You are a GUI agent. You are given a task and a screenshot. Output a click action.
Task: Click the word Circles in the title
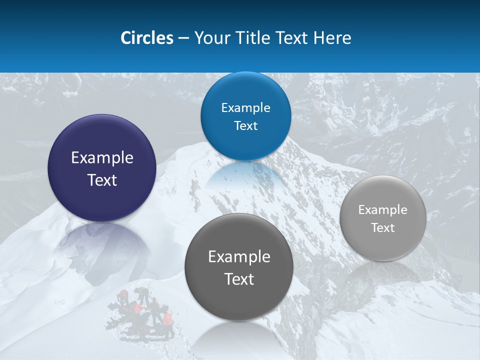pyautogui.click(x=146, y=38)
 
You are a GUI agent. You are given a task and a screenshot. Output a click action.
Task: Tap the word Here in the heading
pyautogui.click(x=332, y=38)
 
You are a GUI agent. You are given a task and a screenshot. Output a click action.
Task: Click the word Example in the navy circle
pyautogui.click(x=102, y=158)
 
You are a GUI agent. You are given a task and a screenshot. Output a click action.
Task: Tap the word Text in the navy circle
pyautogui.click(x=102, y=180)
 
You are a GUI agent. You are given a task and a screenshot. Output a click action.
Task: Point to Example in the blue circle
pyautogui.click(x=245, y=108)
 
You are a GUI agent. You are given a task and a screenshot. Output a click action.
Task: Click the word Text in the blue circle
pyautogui.click(x=245, y=126)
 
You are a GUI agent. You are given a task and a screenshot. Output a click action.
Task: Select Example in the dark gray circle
pyautogui.click(x=239, y=257)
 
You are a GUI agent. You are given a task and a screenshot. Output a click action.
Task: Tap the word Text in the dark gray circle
pyautogui.click(x=239, y=279)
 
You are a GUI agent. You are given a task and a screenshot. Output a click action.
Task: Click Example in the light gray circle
pyautogui.click(x=383, y=210)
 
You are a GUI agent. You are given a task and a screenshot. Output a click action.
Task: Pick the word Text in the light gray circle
pyautogui.click(x=383, y=228)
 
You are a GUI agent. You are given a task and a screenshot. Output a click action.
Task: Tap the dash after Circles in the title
pyautogui.click(x=183, y=38)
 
